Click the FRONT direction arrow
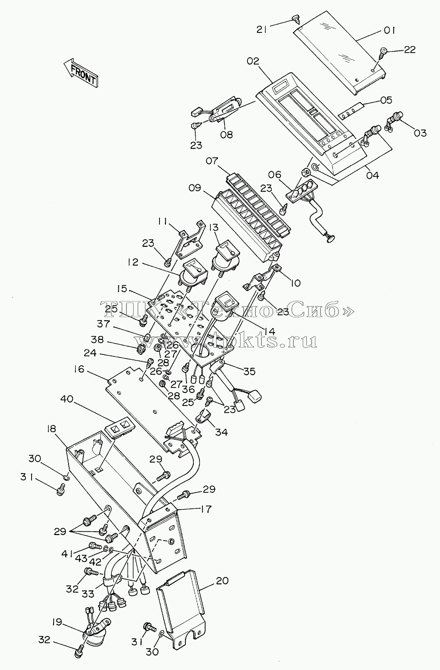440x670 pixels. tap(80, 72)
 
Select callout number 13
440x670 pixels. tap(214, 228)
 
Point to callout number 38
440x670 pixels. tap(97, 339)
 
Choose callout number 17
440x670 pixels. tap(206, 508)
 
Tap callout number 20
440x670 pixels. tap(222, 580)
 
